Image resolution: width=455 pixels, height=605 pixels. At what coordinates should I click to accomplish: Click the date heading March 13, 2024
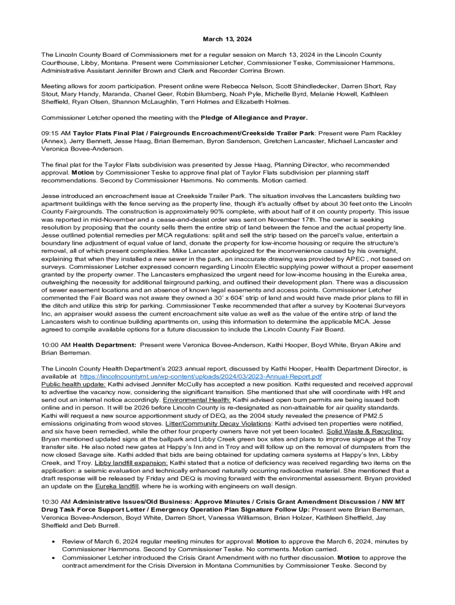click(x=227, y=39)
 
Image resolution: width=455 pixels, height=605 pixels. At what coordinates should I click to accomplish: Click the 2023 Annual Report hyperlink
click(x=200, y=376)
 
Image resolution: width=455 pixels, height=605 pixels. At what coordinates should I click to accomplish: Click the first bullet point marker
click(x=54, y=541)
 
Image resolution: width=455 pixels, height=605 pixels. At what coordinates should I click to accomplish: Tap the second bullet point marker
click(x=54, y=557)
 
